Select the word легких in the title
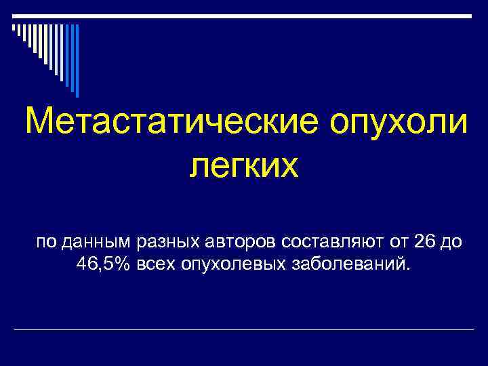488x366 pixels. [x=243, y=165]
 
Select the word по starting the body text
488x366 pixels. [x=47, y=241]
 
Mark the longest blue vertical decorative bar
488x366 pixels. [x=77, y=60]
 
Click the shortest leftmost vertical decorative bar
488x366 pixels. [x=13, y=27]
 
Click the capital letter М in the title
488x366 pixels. [x=37, y=123]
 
